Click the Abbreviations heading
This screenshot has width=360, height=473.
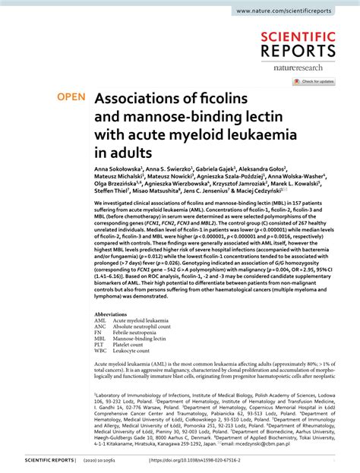111,314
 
